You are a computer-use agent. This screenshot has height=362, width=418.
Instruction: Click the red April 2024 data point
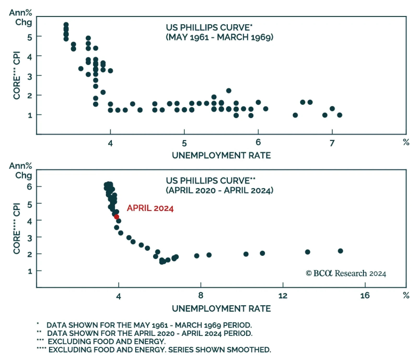click(117, 217)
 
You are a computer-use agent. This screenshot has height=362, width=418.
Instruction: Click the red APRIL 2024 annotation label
click(150, 208)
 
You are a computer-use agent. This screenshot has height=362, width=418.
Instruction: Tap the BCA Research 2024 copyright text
click(346, 273)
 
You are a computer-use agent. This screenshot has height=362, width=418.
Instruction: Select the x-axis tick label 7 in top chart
click(332, 143)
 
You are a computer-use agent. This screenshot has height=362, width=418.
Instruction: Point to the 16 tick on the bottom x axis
click(365, 295)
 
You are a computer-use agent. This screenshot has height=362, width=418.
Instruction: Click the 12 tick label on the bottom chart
click(283, 295)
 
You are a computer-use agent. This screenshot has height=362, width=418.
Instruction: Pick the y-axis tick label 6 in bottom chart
click(30, 187)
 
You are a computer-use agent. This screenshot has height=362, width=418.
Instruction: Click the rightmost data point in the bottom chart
click(340, 251)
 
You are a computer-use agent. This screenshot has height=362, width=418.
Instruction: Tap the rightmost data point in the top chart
click(339, 115)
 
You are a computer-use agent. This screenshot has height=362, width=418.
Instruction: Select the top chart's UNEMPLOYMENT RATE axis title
click(221, 155)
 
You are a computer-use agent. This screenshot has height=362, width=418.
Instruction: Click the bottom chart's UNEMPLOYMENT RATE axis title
click(221, 309)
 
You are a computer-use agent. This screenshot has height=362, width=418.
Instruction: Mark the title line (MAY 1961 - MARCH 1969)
click(219, 37)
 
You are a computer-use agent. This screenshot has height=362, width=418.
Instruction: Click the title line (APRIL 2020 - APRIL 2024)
click(219, 190)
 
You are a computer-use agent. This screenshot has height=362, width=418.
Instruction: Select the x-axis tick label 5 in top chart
click(184, 143)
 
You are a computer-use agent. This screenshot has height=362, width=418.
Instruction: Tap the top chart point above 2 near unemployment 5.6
click(229, 91)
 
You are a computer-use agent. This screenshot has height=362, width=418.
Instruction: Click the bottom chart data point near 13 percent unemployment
click(307, 252)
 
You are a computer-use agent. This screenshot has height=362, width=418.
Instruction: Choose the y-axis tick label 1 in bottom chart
click(30, 271)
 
